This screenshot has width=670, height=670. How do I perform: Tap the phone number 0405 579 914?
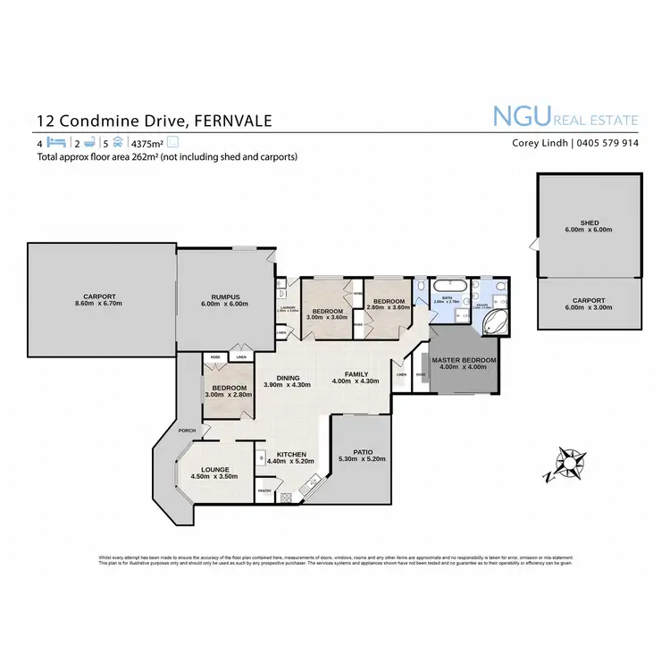click(608, 142)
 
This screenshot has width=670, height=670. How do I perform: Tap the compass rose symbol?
click(566, 464)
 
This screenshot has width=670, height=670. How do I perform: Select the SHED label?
click(589, 223)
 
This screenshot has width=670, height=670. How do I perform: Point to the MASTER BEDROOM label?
click(464, 361)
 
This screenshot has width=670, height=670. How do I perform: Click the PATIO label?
click(362, 452)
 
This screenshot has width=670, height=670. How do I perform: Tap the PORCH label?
click(187, 431)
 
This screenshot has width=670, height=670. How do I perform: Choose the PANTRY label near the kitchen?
click(264, 490)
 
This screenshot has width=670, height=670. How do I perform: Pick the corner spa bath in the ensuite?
click(494, 323)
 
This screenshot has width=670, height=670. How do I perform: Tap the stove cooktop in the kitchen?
click(287, 497)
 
